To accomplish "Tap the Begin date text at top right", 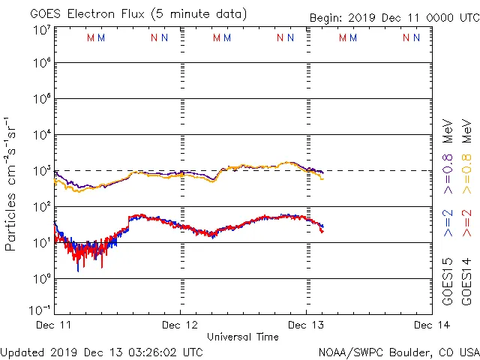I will pos(394,17).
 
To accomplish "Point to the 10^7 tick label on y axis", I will pos(41,29).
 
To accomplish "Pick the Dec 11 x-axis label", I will pos(54,325).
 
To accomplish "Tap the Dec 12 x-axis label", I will pos(180,325).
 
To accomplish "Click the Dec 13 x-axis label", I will pos(306,325).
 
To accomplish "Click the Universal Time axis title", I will pos(243,337).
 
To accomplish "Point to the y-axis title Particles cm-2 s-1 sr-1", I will pos(12,184).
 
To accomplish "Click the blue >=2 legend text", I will pos(448,223).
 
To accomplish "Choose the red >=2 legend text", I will pos(467,223).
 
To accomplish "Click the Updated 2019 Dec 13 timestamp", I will pos(101,352).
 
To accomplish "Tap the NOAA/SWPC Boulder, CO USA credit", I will pos(398,352).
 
